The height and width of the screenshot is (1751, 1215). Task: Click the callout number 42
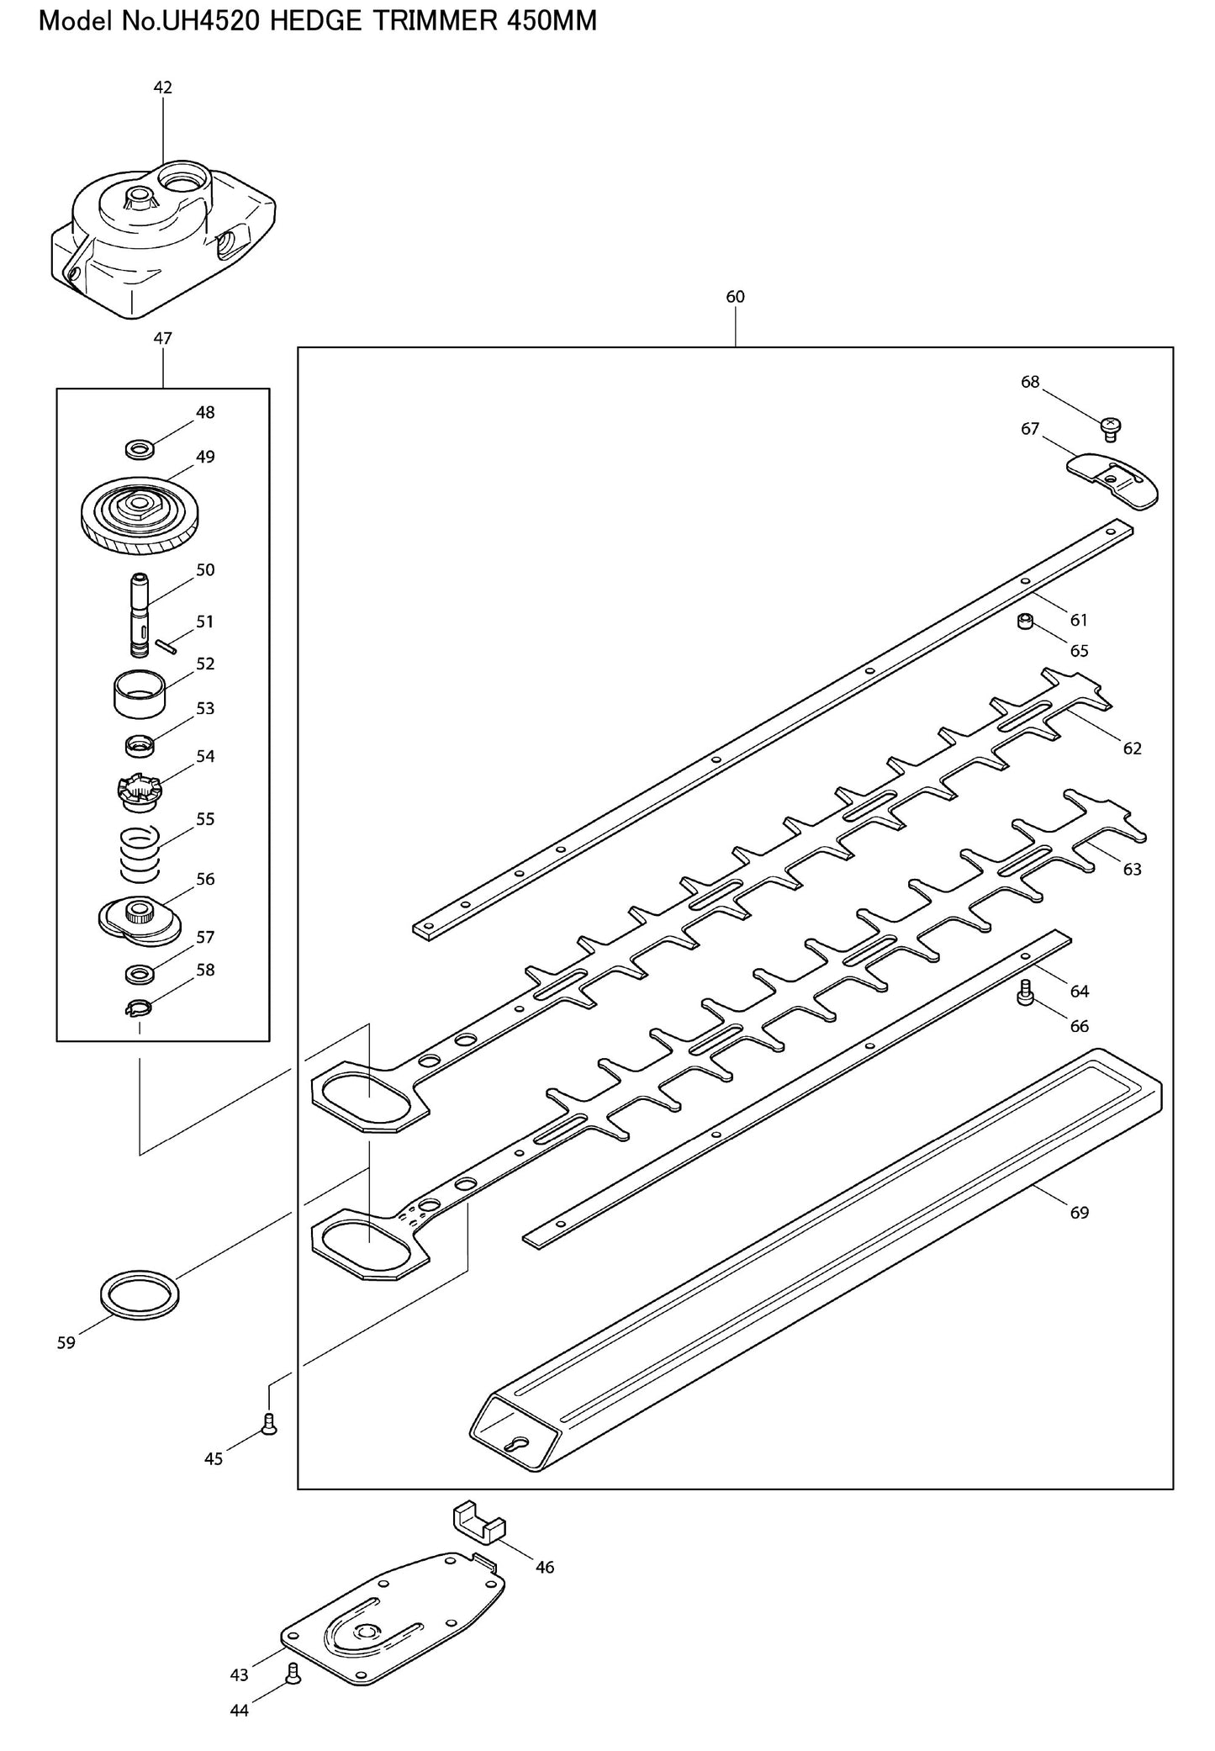[x=163, y=87]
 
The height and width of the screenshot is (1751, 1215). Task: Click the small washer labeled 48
[x=139, y=449]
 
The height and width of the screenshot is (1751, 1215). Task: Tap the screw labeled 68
[x=1110, y=428]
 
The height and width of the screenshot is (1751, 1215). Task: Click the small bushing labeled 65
[x=1026, y=622]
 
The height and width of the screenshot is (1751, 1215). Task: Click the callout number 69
[x=1080, y=1213]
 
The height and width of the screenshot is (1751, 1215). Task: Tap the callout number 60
[x=735, y=297]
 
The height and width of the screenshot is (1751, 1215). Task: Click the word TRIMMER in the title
[x=426, y=20]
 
